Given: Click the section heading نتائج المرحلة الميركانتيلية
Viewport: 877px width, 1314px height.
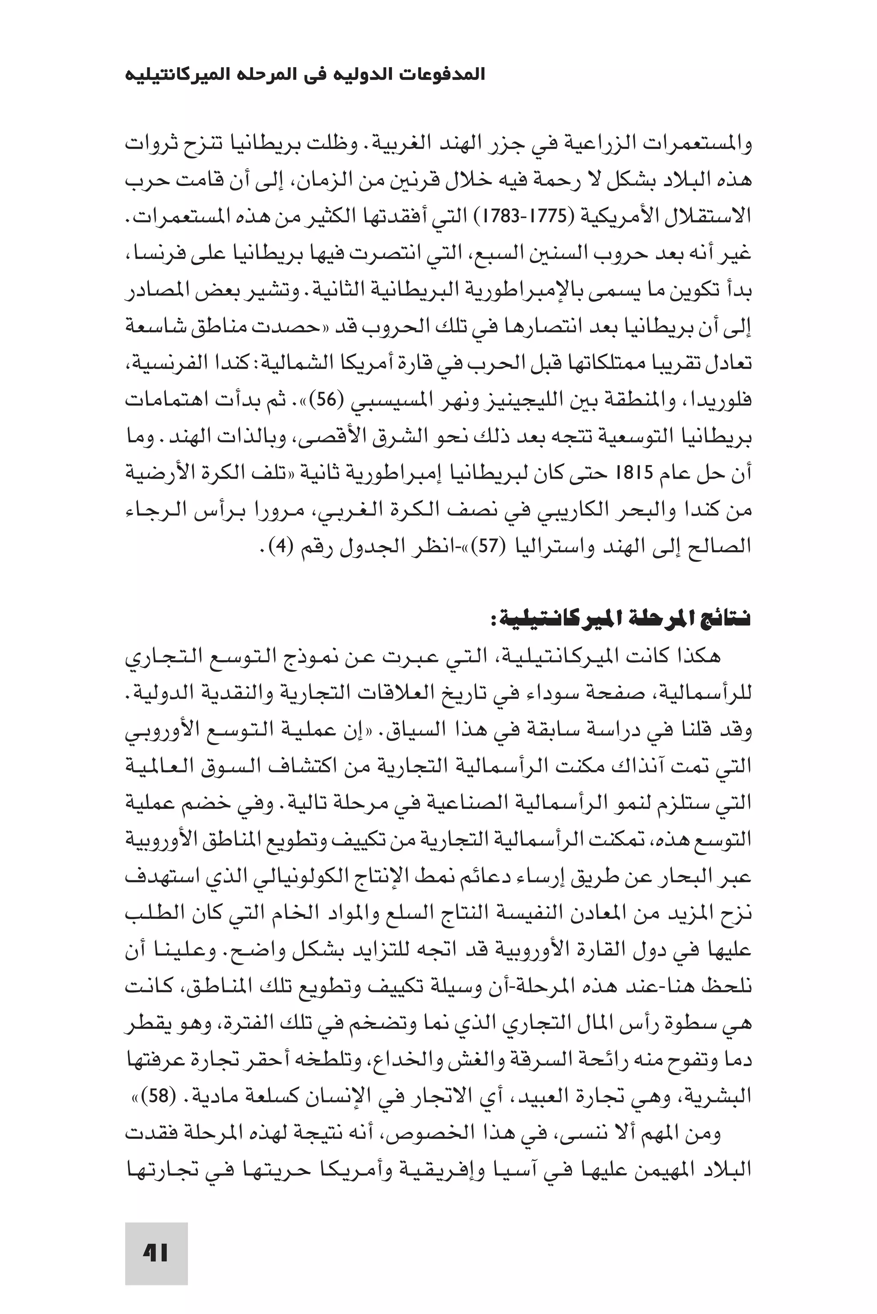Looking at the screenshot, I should [623, 620].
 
